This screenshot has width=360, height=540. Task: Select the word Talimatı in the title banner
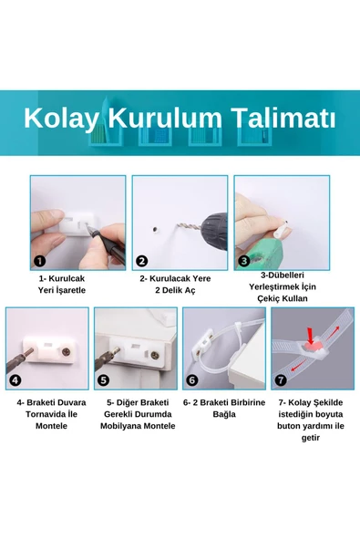point(282,119)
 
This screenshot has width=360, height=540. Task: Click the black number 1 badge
point(40,260)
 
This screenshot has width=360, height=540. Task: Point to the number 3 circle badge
point(243,260)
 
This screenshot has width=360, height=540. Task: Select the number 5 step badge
point(103,380)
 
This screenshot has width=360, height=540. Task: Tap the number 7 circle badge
point(280,380)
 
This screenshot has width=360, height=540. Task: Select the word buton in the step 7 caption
point(283,425)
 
